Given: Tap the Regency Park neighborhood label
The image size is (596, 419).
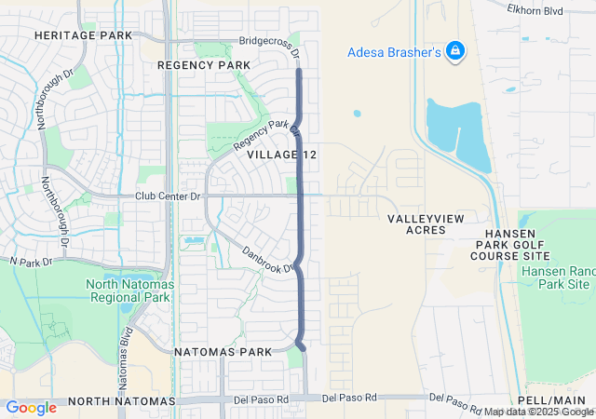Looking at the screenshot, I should click(x=204, y=65).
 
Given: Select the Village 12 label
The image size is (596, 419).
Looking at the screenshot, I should click(x=282, y=154).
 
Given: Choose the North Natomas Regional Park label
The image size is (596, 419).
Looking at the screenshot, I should click(x=129, y=291).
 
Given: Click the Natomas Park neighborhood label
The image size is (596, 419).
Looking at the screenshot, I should click(x=223, y=352).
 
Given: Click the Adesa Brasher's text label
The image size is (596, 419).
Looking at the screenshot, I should click(x=394, y=52).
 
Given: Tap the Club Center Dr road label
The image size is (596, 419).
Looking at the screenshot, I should click(x=168, y=196).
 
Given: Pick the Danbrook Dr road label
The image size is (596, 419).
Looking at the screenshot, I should click(x=267, y=259).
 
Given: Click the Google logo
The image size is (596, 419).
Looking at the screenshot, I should click(x=31, y=407).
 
